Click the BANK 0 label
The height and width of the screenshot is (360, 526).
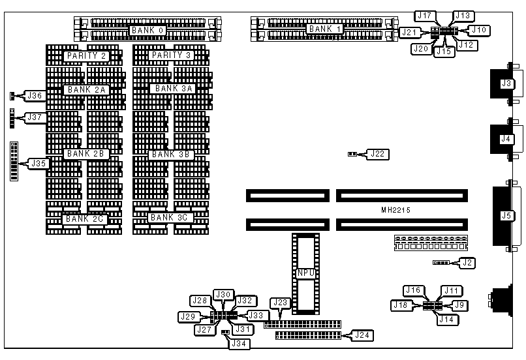[147, 30]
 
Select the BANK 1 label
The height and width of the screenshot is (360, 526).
[324, 29]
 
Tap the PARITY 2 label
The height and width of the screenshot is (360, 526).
[86, 56]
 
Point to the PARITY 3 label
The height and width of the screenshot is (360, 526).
[171, 56]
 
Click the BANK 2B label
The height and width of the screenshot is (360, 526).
[86, 154]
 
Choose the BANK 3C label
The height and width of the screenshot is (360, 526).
[169, 217]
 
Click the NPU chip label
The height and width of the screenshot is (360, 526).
[306, 273]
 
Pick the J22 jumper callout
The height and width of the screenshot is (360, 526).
[377, 155]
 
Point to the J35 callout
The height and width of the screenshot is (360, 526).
[38, 163]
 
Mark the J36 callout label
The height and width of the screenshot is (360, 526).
[35, 96]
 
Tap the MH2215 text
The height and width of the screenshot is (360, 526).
[399, 211]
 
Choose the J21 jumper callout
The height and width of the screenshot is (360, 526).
[409, 31]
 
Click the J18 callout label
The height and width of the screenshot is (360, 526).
[401, 305]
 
